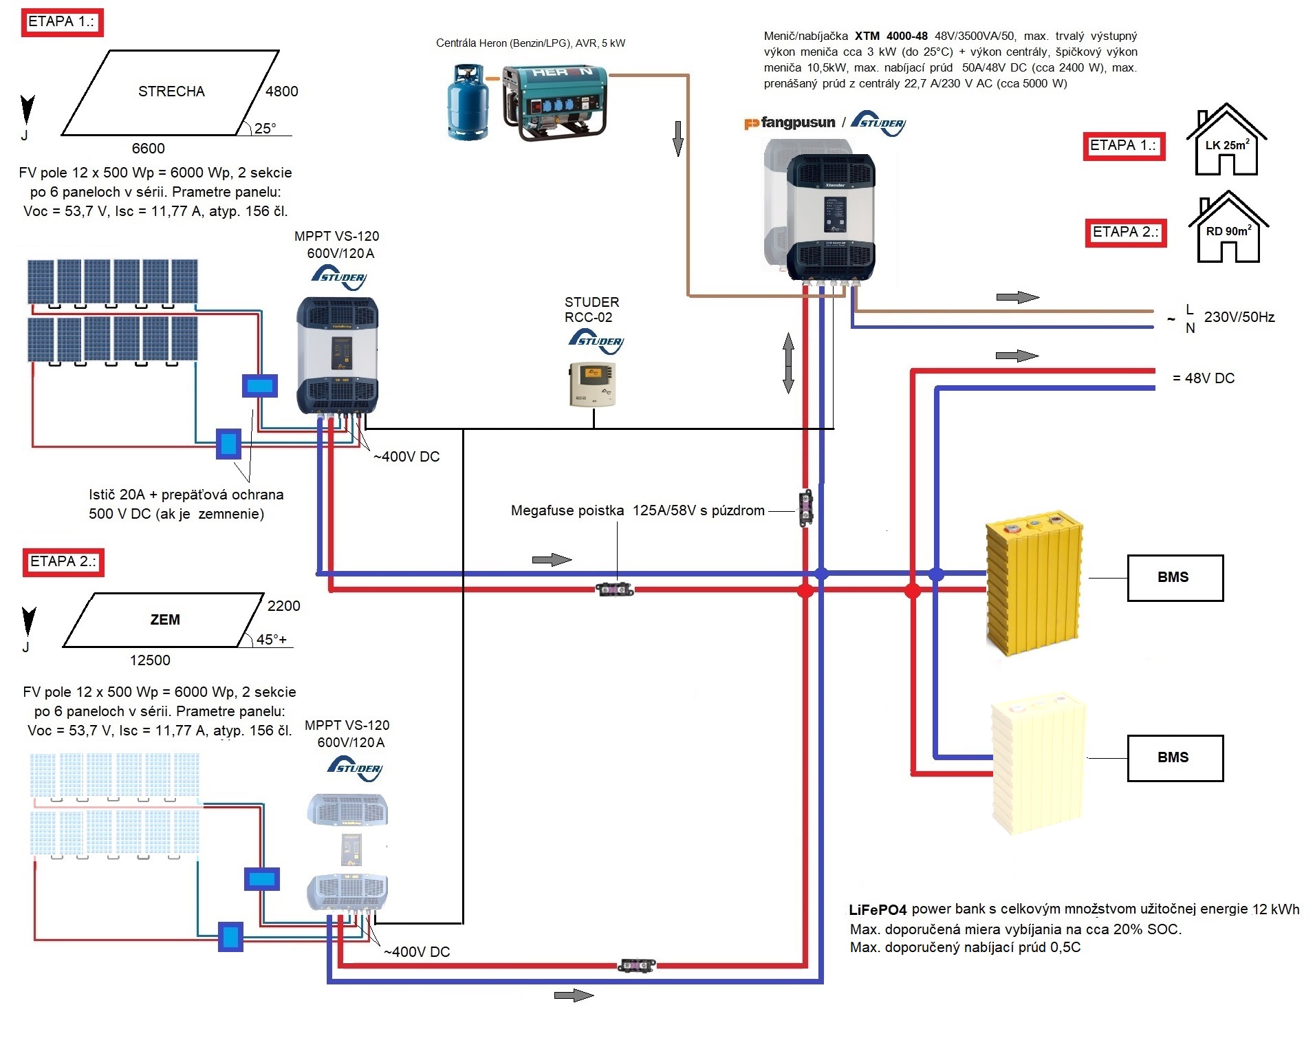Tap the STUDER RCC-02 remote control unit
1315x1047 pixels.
point(592,384)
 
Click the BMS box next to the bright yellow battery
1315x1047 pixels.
point(1175,578)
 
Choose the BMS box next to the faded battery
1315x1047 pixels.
point(1175,758)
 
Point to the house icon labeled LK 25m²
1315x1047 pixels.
point(1226,141)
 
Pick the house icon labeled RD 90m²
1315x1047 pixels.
point(1228,228)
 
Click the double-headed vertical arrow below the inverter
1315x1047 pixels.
point(788,363)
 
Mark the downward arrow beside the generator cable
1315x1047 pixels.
point(678,138)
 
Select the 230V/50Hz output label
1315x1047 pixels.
point(1239,317)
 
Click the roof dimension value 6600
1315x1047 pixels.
point(148,149)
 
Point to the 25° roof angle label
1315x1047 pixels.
point(265,129)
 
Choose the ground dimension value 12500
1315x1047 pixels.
point(150,660)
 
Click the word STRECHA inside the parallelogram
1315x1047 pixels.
point(171,91)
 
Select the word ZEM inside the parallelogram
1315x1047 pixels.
point(165,620)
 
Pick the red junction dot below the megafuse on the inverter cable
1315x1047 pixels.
point(805,590)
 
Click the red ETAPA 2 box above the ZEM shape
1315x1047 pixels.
point(63,562)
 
